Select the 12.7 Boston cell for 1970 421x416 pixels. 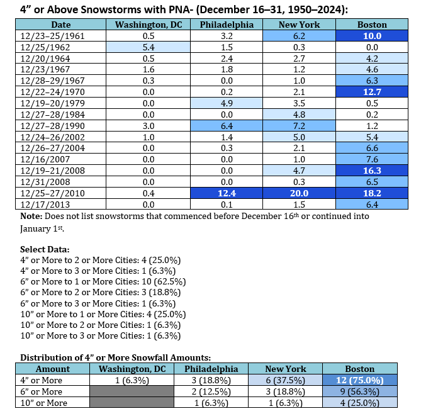coord(371,91)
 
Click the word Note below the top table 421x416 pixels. coord(32,215)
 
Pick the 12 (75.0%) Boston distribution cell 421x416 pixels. coord(360,380)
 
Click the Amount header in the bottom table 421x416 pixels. coord(53,369)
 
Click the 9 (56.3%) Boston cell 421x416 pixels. coord(360,391)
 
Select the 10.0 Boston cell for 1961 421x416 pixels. coord(371,36)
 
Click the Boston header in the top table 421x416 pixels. coord(371,25)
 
